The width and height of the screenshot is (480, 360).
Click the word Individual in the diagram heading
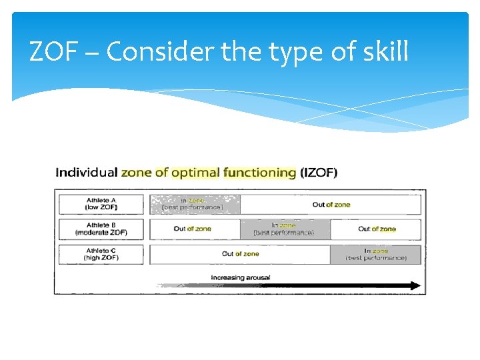86,173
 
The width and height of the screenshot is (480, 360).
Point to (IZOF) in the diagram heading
319,173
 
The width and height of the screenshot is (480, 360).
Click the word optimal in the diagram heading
195,173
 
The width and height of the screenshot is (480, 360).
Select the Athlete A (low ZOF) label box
101,204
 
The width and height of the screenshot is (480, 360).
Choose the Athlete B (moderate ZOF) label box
101,229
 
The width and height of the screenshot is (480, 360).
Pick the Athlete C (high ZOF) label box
101,254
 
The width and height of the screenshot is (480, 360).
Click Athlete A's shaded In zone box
195,204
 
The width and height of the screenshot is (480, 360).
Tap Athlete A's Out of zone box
331,204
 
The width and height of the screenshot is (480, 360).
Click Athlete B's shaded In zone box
285,229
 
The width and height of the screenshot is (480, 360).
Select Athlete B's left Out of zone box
194,229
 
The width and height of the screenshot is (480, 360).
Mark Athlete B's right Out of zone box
376,229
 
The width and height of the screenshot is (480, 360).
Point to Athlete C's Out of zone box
240,254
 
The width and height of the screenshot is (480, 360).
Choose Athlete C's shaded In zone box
376,254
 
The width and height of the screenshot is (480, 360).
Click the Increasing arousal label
241,277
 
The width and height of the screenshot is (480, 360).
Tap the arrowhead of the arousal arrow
415,286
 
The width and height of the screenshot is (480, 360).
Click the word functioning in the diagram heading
259,173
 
